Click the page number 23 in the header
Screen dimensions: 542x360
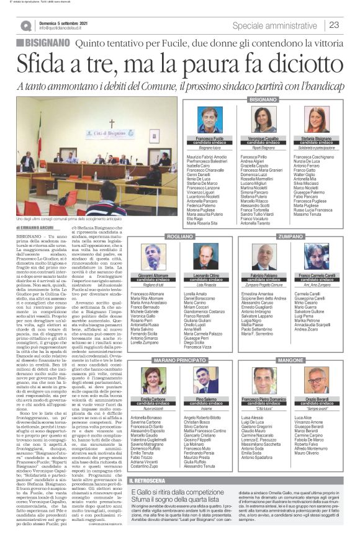(x=334, y=25)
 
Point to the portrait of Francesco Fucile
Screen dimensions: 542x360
(x=210, y=120)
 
